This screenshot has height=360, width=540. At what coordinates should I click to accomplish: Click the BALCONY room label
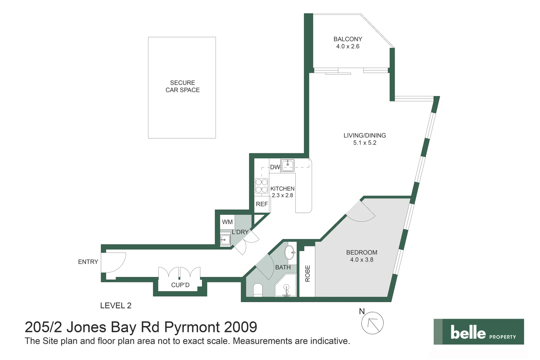[x=348, y=39]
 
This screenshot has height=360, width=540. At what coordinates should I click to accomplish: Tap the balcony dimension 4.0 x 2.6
[x=348, y=46]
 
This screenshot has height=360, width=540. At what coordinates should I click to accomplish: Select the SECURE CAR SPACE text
[x=182, y=86]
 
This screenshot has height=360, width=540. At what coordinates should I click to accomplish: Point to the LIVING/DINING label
[x=365, y=135]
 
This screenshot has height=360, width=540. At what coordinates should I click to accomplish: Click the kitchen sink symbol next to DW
[x=288, y=165]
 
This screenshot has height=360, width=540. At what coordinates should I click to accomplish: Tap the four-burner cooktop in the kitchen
[x=262, y=186]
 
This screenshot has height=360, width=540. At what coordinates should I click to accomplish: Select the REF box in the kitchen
[x=262, y=204]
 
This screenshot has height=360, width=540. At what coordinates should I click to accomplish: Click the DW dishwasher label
[x=275, y=167]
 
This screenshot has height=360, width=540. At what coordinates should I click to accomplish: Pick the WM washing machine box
[x=227, y=222]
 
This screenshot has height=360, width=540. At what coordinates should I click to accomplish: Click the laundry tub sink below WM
[x=225, y=240]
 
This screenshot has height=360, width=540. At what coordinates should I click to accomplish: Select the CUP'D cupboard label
[x=180, y=285]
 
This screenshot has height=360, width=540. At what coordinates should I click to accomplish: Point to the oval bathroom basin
[x=290, y=253]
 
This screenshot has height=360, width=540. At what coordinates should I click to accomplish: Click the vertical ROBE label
[x=308, y=273]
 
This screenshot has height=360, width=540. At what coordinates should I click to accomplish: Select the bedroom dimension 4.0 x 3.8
[x=362, y=260]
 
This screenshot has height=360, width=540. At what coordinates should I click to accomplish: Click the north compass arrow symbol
[x=372, y=323]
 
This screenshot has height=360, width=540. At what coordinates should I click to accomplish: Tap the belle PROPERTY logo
[x=479, y=332]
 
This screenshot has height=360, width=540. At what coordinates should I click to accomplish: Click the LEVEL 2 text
[x=116, y=306]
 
